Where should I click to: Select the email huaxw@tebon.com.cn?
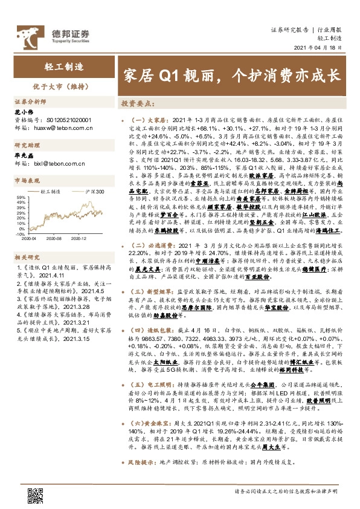(x=61, y=128)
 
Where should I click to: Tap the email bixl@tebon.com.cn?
(x=59, y=163)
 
